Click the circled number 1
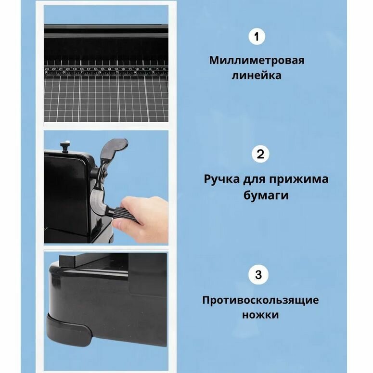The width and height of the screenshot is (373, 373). click(257, 37)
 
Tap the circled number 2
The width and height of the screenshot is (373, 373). click(260, 154)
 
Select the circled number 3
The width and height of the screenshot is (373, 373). click(258, 274)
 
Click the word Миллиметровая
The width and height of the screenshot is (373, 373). click(257, 61)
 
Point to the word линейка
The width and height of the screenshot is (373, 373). click(257, 76)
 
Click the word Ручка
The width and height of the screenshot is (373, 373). click(221, 179)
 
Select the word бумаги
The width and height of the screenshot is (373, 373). click(266, 195)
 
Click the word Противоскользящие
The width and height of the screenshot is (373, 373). click(260, 300)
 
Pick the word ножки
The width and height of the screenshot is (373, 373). click(260, 315)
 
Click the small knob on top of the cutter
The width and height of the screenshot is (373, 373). click(64, 145)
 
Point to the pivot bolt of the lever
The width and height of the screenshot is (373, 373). click(104, 174)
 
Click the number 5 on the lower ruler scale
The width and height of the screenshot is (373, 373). click(117, 72)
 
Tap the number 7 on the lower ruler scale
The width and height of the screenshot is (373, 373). click(81, 72)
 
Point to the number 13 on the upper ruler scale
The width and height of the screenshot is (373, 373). click(116, 69)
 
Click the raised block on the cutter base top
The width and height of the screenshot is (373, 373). click(68, 260)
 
